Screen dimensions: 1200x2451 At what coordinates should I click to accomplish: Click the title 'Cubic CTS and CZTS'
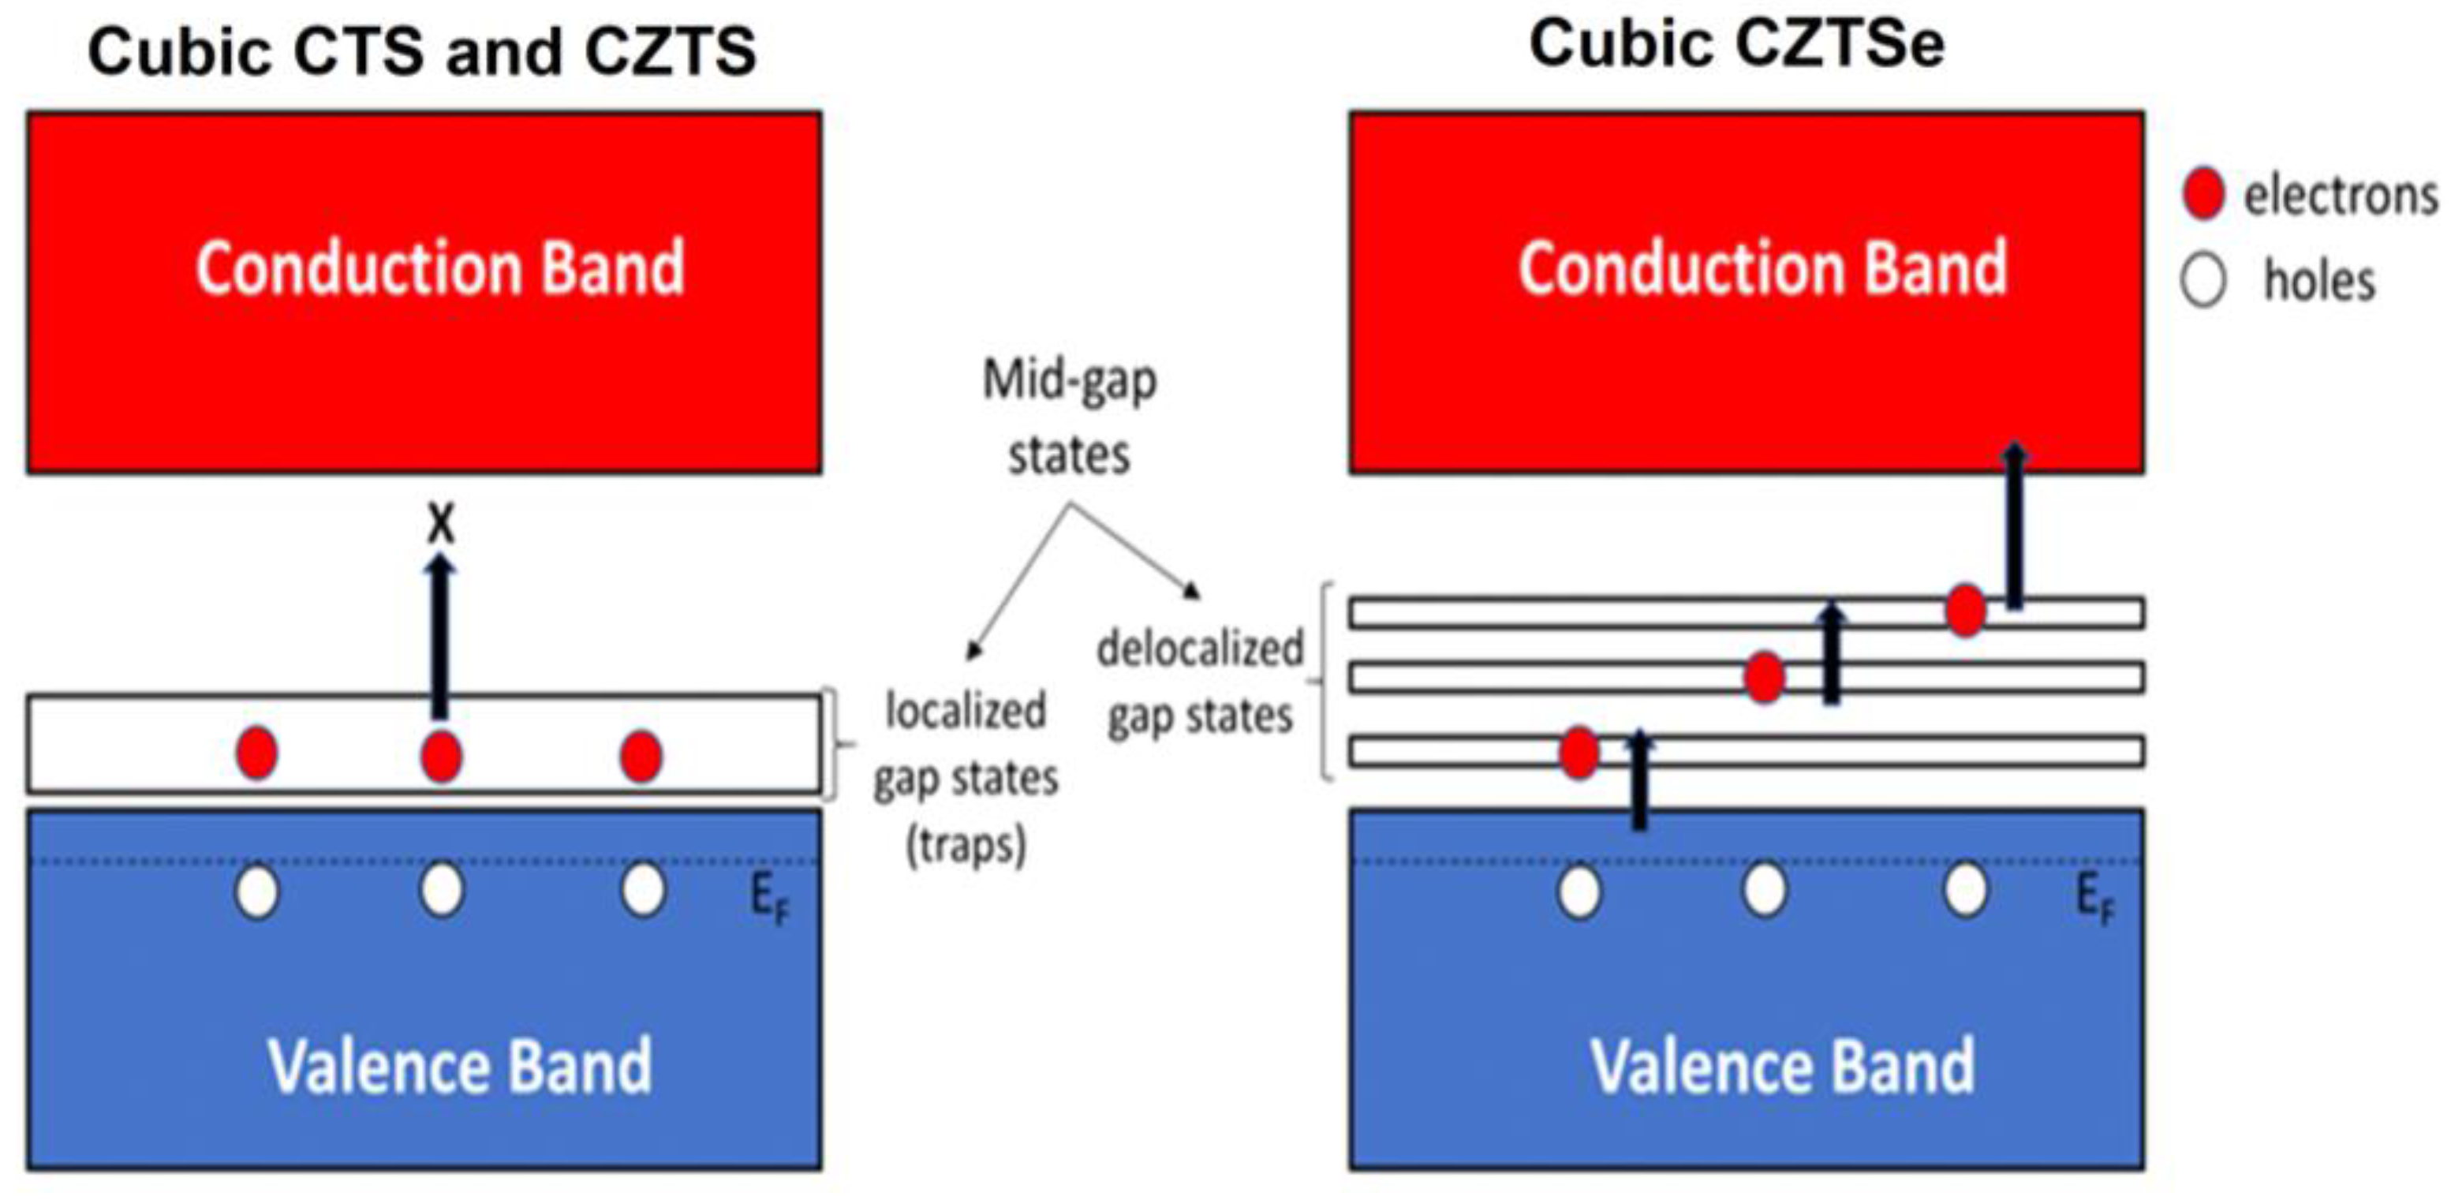point(421,51)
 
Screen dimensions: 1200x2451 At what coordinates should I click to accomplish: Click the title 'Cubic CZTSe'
point(1736,45)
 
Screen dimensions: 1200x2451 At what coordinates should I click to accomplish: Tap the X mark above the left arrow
point(440,523)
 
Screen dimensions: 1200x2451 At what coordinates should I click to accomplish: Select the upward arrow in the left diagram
point(439,637)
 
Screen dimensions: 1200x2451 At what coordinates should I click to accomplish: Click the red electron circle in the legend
point(2203,194)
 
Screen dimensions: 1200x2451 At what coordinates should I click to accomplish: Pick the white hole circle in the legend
point(2203,281)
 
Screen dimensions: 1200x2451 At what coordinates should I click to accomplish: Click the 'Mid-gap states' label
point(1070,417)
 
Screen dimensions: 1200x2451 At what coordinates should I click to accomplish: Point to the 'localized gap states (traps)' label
point(965,776)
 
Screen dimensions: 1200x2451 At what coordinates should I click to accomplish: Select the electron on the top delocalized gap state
point(1966,610)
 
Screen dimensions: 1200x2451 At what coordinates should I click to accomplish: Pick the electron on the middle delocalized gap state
point(1765,678)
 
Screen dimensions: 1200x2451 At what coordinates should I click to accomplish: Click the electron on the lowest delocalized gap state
point(1579,753)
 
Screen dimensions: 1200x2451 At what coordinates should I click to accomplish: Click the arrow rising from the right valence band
point(1639,780)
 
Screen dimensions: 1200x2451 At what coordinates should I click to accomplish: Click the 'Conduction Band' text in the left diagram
point(439,268)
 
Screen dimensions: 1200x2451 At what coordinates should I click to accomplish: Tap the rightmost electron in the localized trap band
point(641,757)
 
